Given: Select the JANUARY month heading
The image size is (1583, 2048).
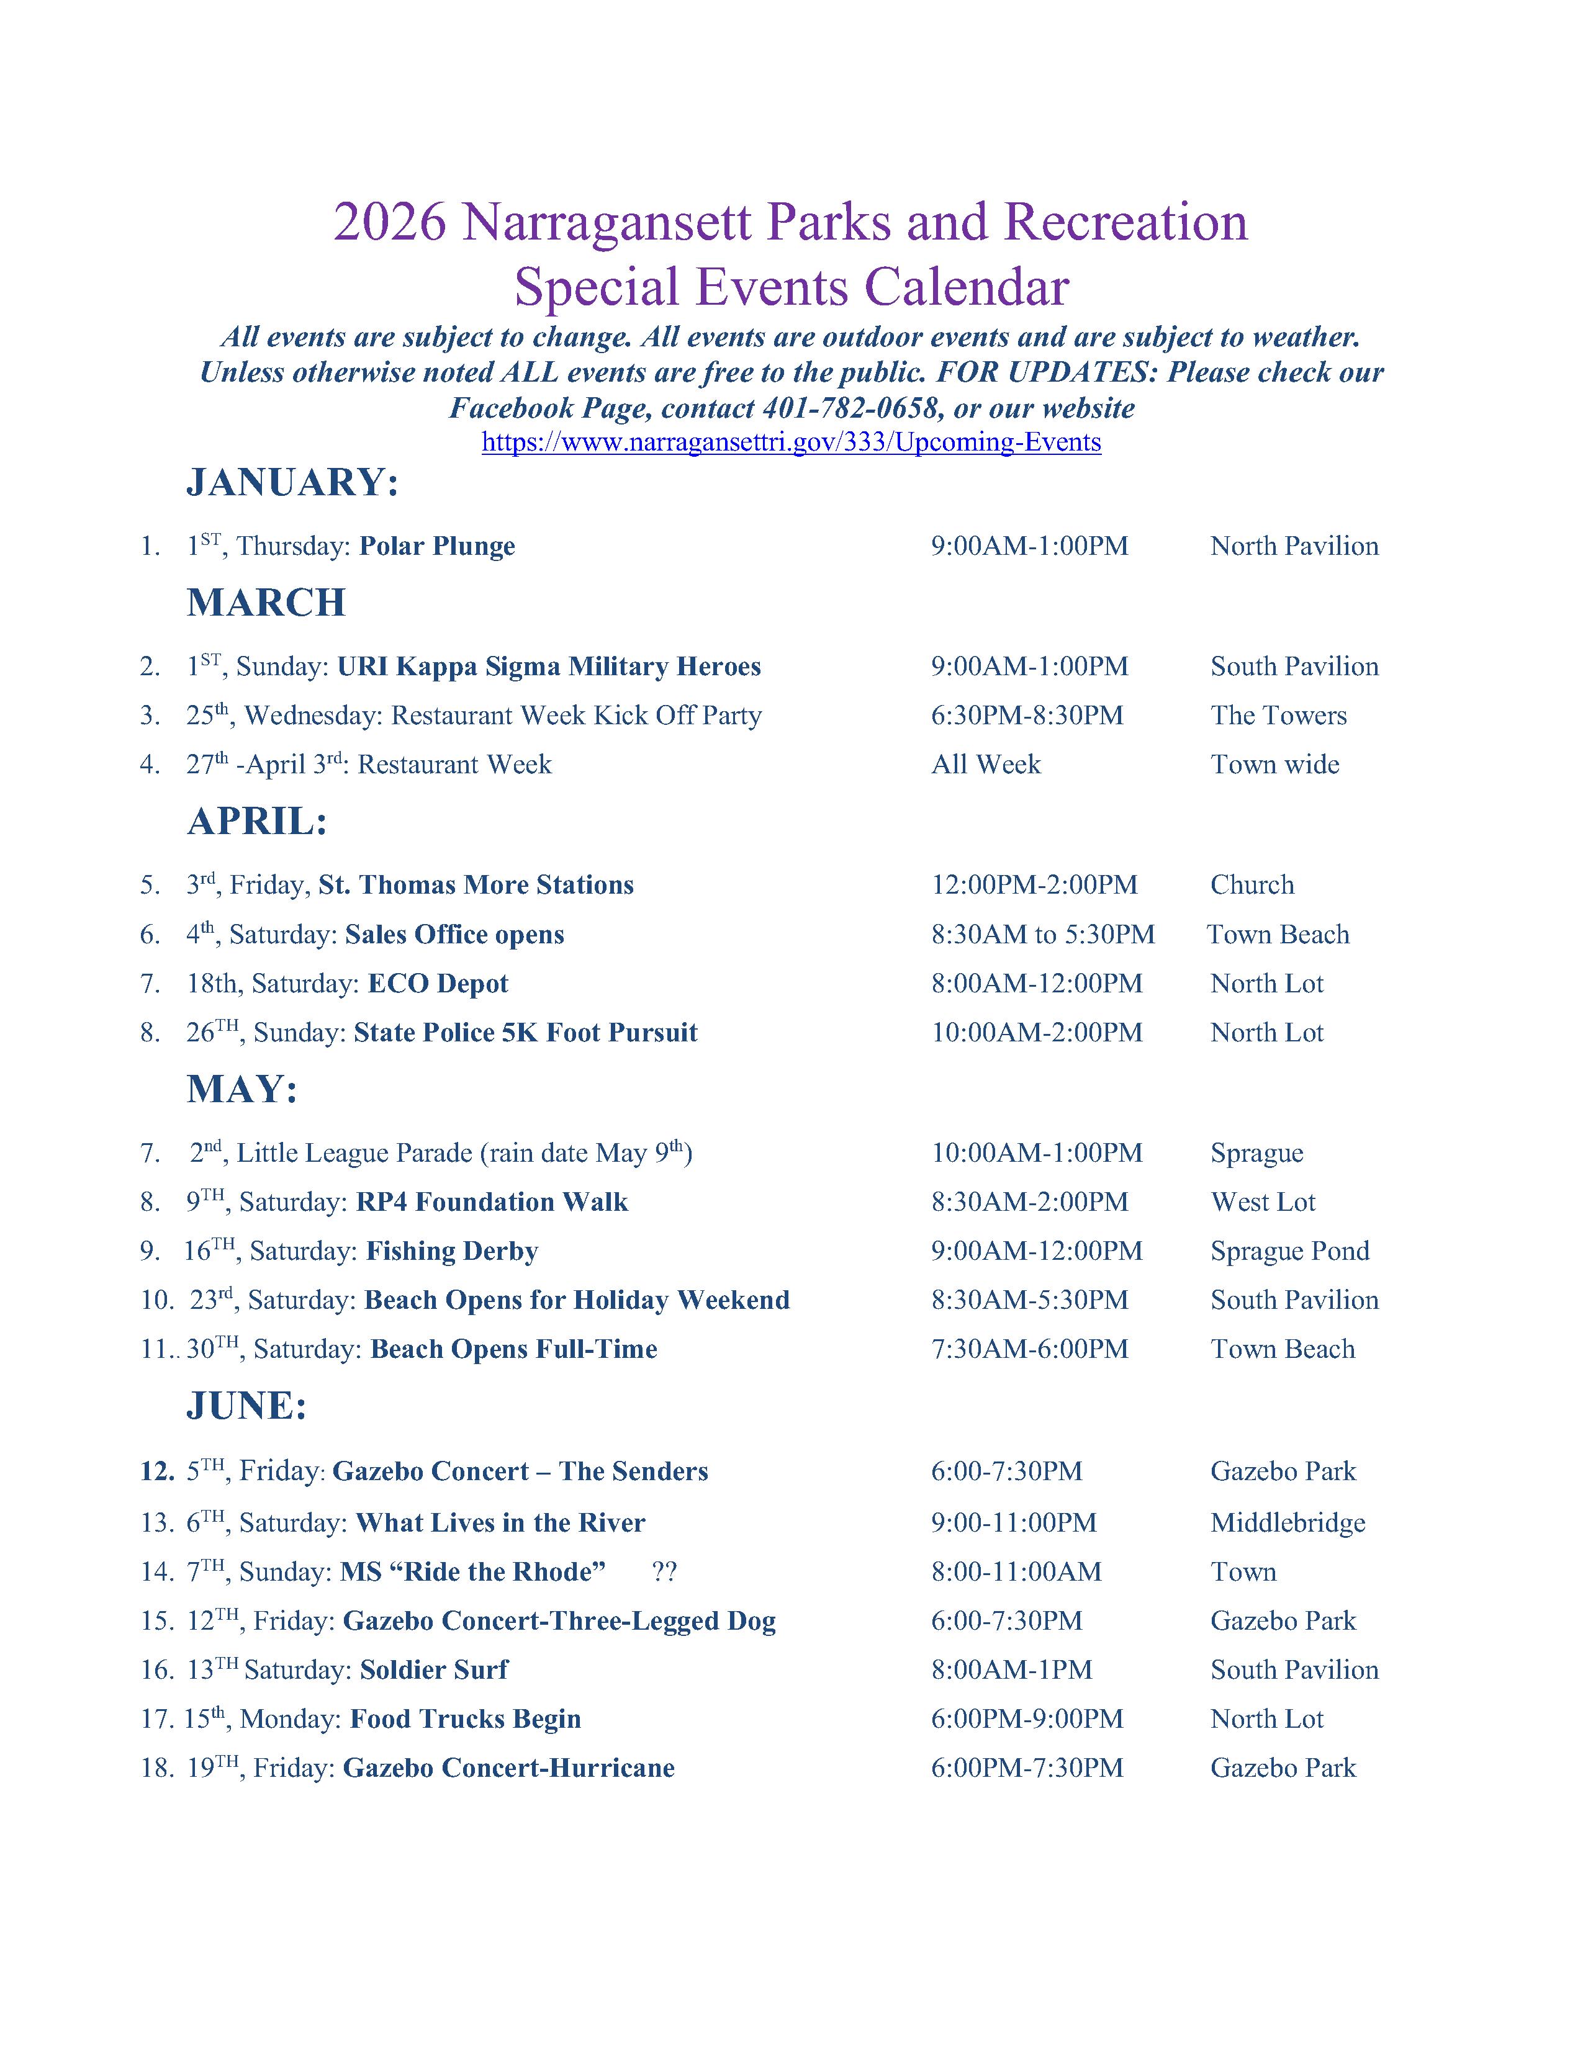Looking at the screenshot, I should click(x=292, y=482).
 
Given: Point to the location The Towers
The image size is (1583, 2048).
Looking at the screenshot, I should click(x=1278, y=716).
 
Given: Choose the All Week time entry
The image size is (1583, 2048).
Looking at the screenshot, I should click(x=986, y=764).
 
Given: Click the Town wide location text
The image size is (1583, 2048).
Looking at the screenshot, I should click(x=1274, y=764).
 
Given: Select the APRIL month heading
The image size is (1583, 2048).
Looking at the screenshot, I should click(x=257, y=822).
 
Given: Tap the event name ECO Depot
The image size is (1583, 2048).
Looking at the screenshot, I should click(x=438, y=983).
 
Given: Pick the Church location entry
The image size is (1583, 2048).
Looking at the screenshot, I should click(x=1252, y=884).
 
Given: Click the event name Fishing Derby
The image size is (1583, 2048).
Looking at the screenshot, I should click(x=452, y=1251).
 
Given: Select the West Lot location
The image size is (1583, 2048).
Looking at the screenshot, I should click(x=1263, y=1202).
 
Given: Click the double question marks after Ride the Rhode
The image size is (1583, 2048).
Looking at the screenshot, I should click(x=664, y=1571).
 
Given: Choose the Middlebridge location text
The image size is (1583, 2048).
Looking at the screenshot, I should click(x=1288, y=1523).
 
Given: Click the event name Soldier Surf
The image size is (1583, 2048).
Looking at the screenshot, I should click(x=434, y=1669).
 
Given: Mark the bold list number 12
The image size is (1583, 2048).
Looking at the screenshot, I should click(x=156, y=1471).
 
